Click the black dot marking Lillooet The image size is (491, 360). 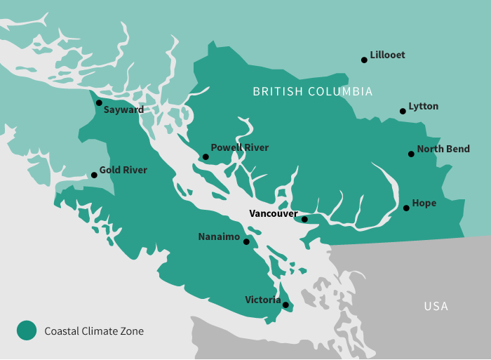tap(364, 60)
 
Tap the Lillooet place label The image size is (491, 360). tap(387, 55)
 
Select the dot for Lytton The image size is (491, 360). tap(403, 111)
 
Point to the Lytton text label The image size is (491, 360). tap(423, 106)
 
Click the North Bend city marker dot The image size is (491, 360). tap(411, 154)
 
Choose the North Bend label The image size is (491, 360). tap(443, 149)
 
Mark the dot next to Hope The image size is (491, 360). tap(406, 208)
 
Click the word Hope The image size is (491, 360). tap(424, 204)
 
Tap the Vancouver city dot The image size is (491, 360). tap(304, 219)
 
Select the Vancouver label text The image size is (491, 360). tap(274, 213)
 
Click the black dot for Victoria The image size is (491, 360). tap(285, 305)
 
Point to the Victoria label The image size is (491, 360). tap(262, 300)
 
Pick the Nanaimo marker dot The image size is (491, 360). tap(246, 241)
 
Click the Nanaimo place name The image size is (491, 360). tap(219, 236)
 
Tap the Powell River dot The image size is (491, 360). tap(206, 157)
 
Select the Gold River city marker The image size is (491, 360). tap(94, 175)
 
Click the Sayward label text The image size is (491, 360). tap(123, 109)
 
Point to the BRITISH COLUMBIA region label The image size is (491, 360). tap(313, 92)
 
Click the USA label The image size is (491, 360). tap(436, 306)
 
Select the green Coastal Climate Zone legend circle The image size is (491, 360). tap(27, 331)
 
